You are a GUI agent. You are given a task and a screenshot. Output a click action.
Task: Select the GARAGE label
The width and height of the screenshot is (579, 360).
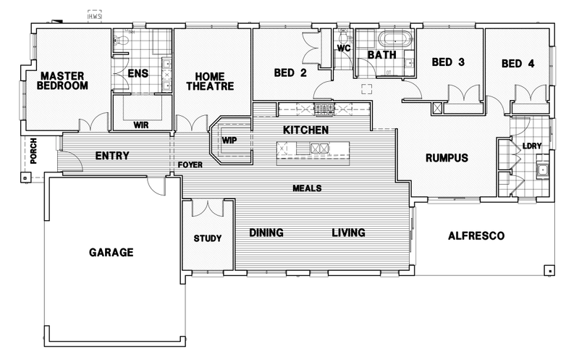111,253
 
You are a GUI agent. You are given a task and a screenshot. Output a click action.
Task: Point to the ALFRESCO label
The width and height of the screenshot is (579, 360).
476,235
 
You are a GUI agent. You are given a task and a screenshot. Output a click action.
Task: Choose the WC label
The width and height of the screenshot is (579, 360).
344,49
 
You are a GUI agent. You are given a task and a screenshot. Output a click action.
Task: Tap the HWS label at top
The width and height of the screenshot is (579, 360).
95,16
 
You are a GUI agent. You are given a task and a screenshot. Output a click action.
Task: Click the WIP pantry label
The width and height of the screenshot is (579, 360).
229,140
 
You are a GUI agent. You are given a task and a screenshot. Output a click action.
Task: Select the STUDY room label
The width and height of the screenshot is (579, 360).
208,238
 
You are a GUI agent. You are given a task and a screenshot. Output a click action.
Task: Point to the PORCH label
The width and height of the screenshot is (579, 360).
33,151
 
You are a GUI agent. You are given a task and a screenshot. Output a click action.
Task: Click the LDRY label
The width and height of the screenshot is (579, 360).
531,146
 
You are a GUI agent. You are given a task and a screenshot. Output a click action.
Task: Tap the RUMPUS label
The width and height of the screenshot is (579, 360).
447,157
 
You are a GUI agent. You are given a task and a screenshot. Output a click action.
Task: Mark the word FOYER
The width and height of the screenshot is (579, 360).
190,165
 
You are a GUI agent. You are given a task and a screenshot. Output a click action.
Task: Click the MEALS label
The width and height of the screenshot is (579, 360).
307,188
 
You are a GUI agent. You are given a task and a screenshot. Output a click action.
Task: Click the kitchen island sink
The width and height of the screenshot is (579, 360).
318,148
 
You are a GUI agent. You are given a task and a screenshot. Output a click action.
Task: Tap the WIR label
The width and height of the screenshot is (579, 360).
141,125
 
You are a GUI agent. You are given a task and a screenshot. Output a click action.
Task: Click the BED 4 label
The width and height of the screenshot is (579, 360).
517,64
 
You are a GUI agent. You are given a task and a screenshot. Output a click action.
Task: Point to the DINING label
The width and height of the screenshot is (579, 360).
266,233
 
